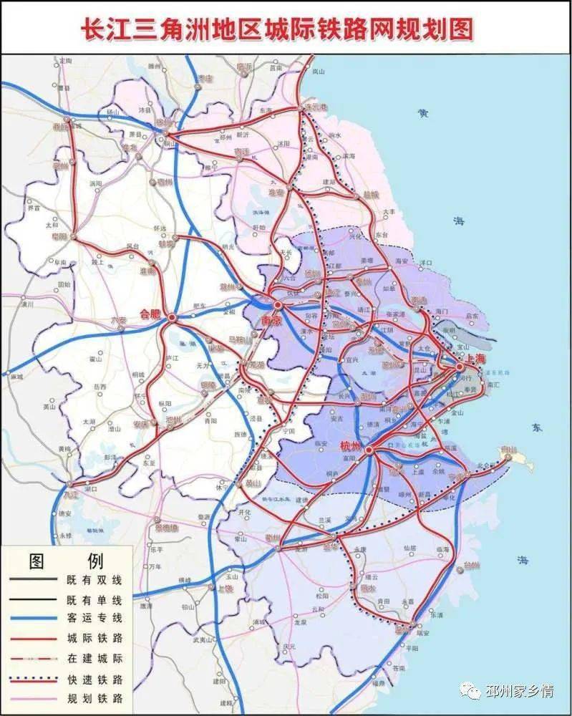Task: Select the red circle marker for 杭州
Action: pyautogui.click(x=369, y=450)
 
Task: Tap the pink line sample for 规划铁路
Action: pyautogui.click(x=33, y=697)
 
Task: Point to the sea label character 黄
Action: pyautogui.click(x=424, y=112)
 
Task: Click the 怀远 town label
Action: pyautogui.click(x=160, y=228)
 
